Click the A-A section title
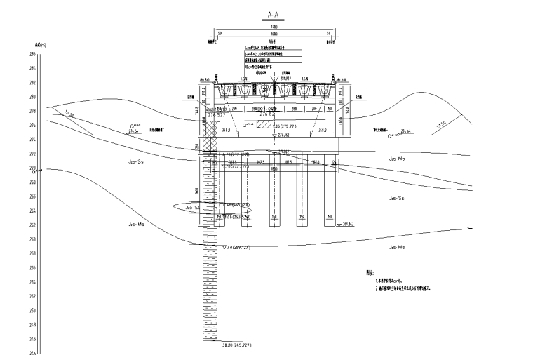(274, 14)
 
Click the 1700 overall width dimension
(274, 27)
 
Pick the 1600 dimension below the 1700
(274, 33)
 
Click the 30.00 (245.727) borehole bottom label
(236, 345)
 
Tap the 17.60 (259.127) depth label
(236, 248)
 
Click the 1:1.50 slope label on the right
(440, 124)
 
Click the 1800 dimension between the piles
(274, 169)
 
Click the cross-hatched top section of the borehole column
(210, 137)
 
